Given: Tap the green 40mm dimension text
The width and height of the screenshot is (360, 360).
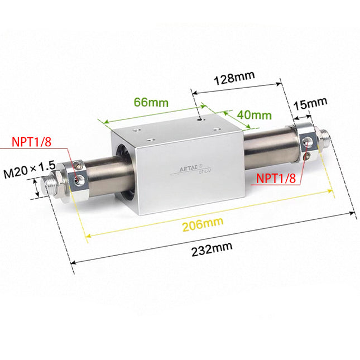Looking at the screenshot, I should pos(254,115).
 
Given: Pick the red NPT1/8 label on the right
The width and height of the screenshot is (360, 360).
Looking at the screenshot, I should pos(275,178).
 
